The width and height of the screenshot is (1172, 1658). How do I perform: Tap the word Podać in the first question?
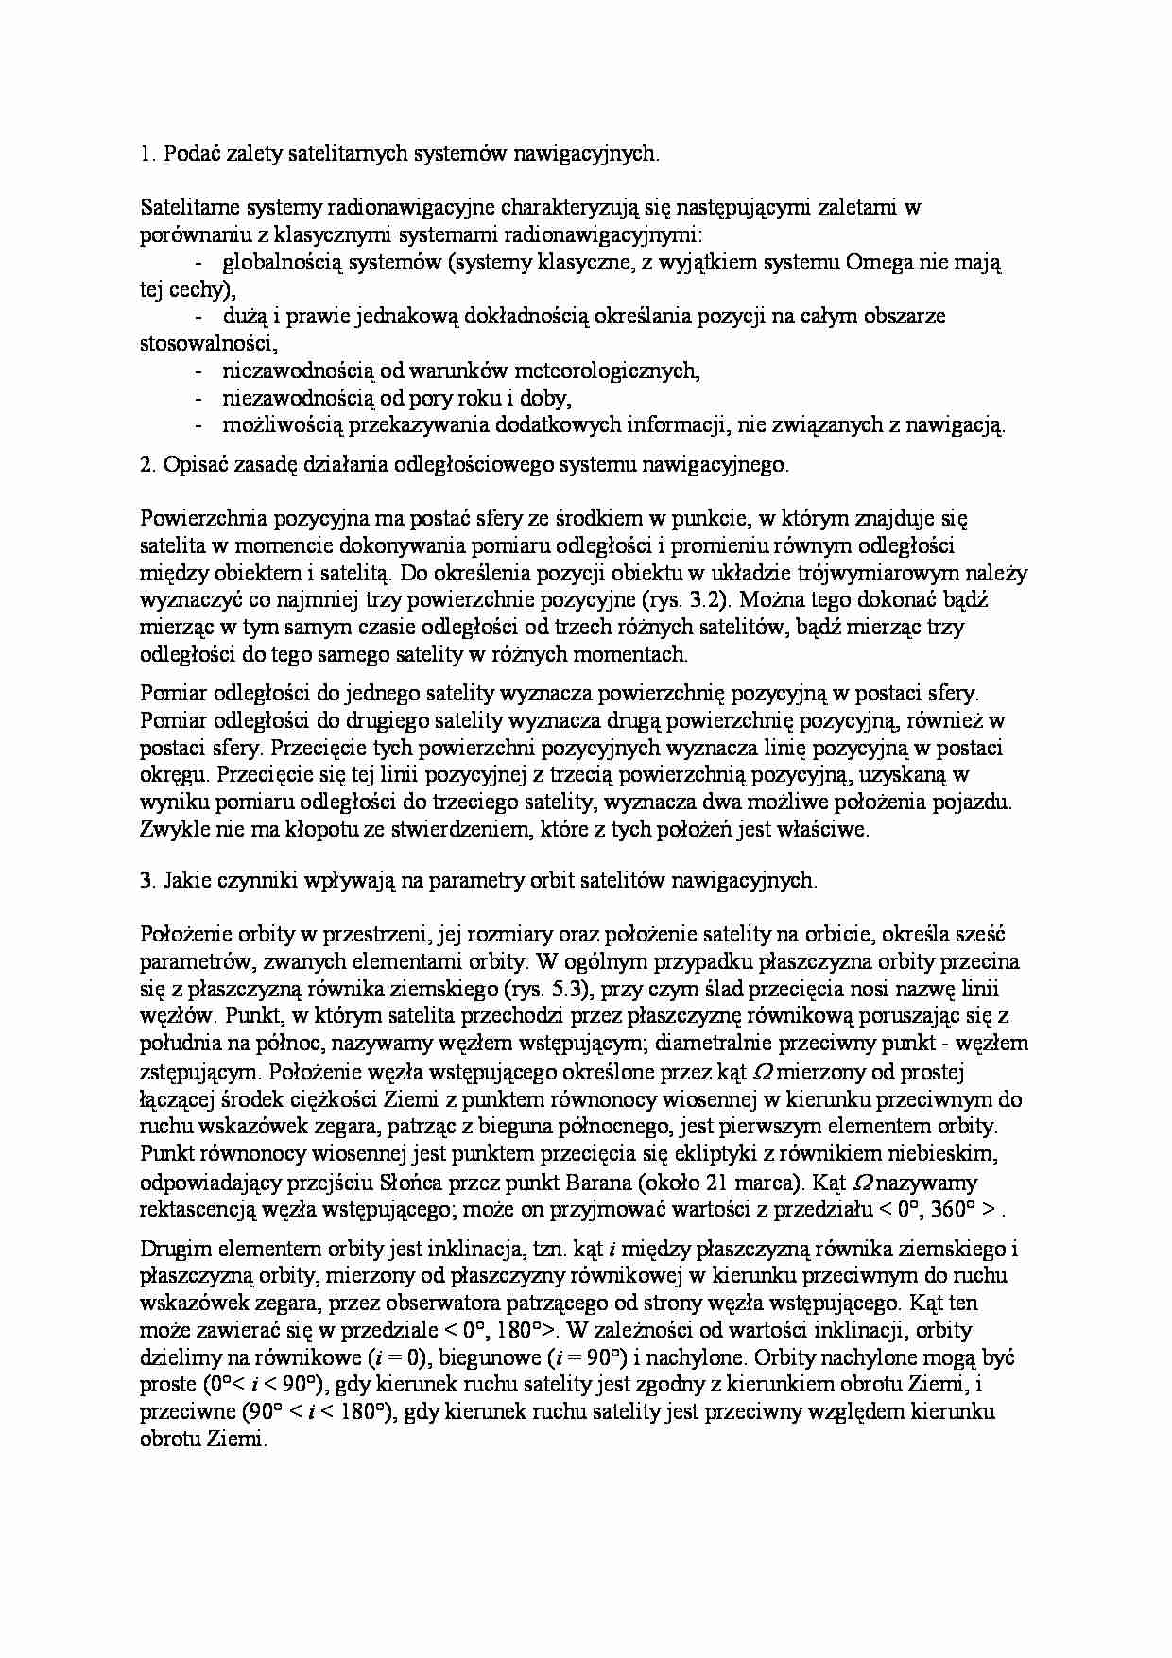[x=191, y=154]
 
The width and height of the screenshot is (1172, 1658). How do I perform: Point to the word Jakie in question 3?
[x=187, y=880]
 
